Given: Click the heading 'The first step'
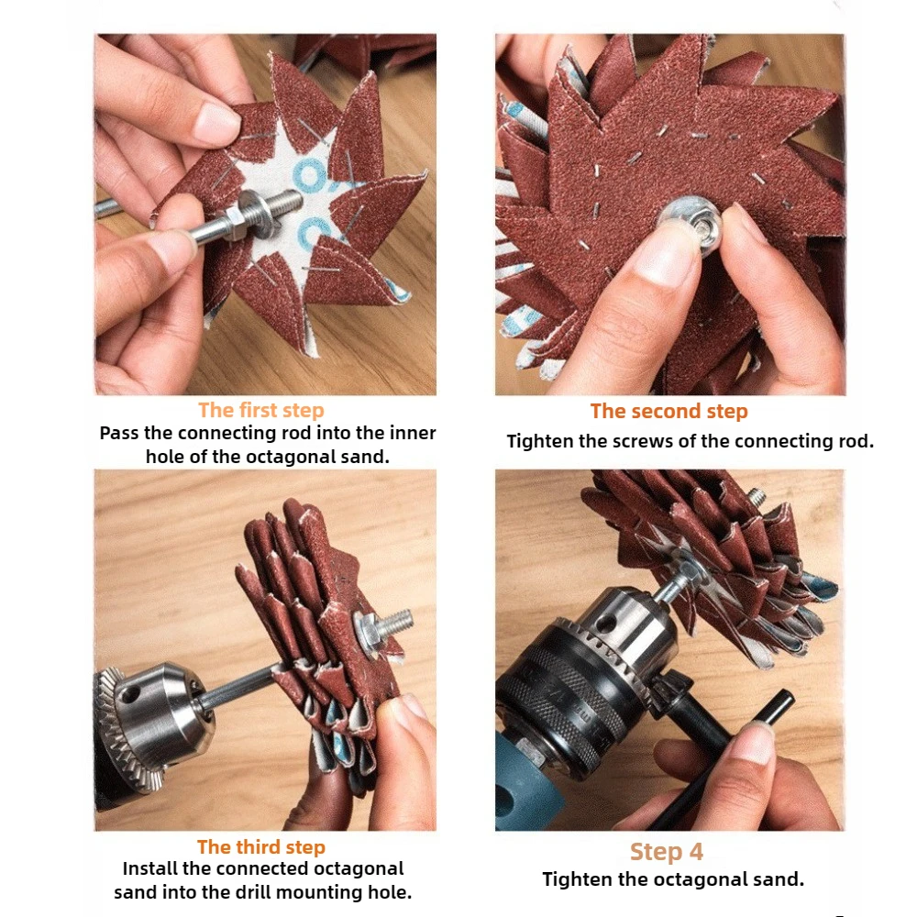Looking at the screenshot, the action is click(260, 410).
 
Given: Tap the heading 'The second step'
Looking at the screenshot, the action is click(668, 411).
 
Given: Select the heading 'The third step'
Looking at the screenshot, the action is click(260, 846).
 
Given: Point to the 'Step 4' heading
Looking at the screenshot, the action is click(666, 852).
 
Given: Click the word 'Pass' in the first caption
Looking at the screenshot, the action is click(119, 434).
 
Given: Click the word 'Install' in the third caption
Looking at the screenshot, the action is click(149, 868).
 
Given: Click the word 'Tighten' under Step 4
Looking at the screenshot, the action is click(576, 879).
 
